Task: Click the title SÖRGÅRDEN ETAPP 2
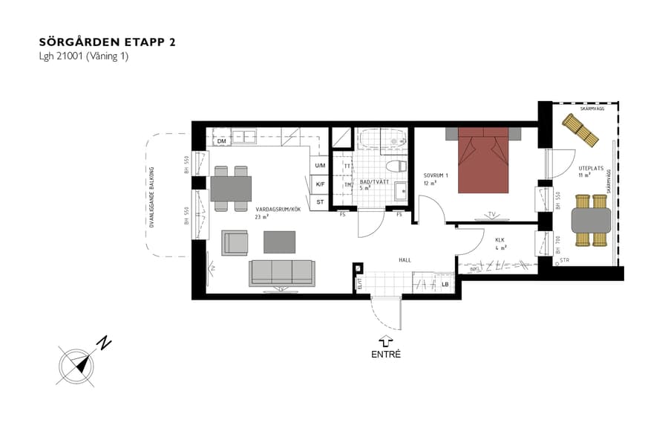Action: click(108, 42)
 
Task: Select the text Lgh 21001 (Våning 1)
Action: click(84, 56)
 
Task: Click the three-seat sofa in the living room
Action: click(281, 272)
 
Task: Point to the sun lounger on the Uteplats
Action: click(580, 129)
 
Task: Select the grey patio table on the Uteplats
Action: click(591, 220)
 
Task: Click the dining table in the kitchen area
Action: click(231, 189)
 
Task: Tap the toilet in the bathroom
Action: click(396, 166)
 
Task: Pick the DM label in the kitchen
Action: click(221, 141)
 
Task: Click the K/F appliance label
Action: click(320, 184)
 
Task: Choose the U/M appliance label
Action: click(320, 166)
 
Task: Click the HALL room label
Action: click(405, 260)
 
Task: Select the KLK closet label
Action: click(500, 240)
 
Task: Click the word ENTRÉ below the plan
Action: click(386, 355)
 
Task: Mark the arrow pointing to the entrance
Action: click(386, 340)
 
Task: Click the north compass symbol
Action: click(77, 366)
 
